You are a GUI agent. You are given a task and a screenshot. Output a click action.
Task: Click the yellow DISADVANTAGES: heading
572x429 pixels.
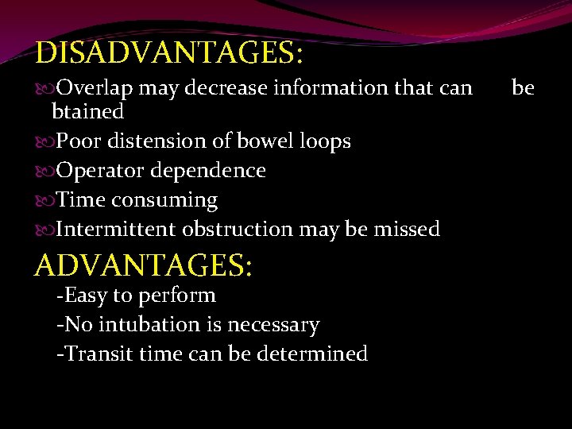click(169, 53)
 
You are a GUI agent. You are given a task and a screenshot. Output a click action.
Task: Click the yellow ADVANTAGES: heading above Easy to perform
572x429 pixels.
click(144, 265)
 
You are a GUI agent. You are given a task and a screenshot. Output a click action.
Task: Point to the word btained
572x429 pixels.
click(87, 111)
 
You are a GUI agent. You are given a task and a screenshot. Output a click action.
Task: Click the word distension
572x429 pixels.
click(150, 141)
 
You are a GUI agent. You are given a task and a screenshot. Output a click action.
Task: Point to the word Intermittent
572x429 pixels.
click(116, 230)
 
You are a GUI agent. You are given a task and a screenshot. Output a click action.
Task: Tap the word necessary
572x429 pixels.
click(273, 325)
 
